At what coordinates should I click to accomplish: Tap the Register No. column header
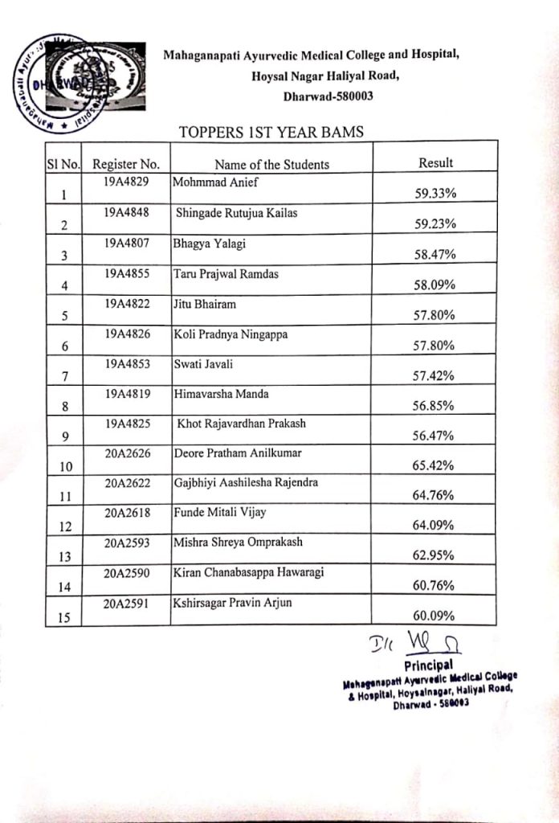pyautogui.click(x=126, y=164)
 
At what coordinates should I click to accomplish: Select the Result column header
pyautogui.click(x=435, y=162)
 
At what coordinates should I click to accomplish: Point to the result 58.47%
pyautogui.click(x=435, y=255)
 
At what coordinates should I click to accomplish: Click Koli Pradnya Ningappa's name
pyautogui.click(x=231, y=334)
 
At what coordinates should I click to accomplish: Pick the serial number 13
pyautogui.click(x=65, y=557)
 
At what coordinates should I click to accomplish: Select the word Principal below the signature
pyautogui.click(x=430, y=665)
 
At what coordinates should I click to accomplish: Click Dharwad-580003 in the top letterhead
pyautogui.click(x=328, y=96)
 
